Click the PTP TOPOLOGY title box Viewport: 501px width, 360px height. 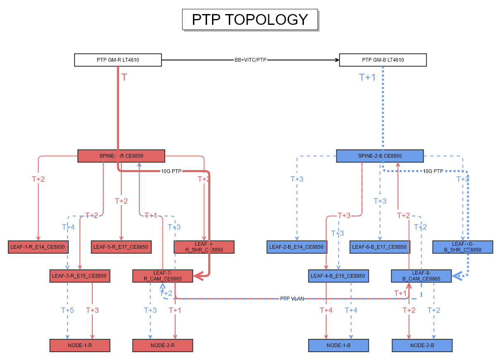[x=250, y=19]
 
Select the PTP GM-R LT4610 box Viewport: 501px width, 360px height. [x=118, y=60]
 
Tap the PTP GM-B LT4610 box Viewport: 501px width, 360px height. [x=383, y=60]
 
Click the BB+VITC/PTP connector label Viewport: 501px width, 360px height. [x=250, y=60]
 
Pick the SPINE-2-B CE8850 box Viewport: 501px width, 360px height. [x=380, y=156]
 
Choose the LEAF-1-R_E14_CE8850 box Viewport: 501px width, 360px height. [x=38, y=247]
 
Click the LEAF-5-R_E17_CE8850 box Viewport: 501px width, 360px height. [x=120, y=247]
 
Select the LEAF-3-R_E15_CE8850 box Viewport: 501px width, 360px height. [x=79, y=276]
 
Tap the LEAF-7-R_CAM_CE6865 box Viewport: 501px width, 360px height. [x=163, y=276]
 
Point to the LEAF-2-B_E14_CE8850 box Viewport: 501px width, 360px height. [x=296, y=247]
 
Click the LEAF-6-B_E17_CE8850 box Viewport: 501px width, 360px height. [x=379, y=247]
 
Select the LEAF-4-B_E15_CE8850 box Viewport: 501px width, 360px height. [x=338, y=276]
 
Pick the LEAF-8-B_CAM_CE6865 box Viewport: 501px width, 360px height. [x=421, y=276]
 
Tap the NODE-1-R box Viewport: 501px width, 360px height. [x=80, y=346]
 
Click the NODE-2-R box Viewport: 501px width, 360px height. [x=163, y=346]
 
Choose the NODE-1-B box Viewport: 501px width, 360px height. [x=338, y=346]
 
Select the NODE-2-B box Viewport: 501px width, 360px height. [x=422, y=346]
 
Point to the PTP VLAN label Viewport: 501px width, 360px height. [x=292, y=298]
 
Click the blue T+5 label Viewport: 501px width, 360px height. [x=67, y=310]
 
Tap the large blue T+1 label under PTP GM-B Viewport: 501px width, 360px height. [x=367, y=77]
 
